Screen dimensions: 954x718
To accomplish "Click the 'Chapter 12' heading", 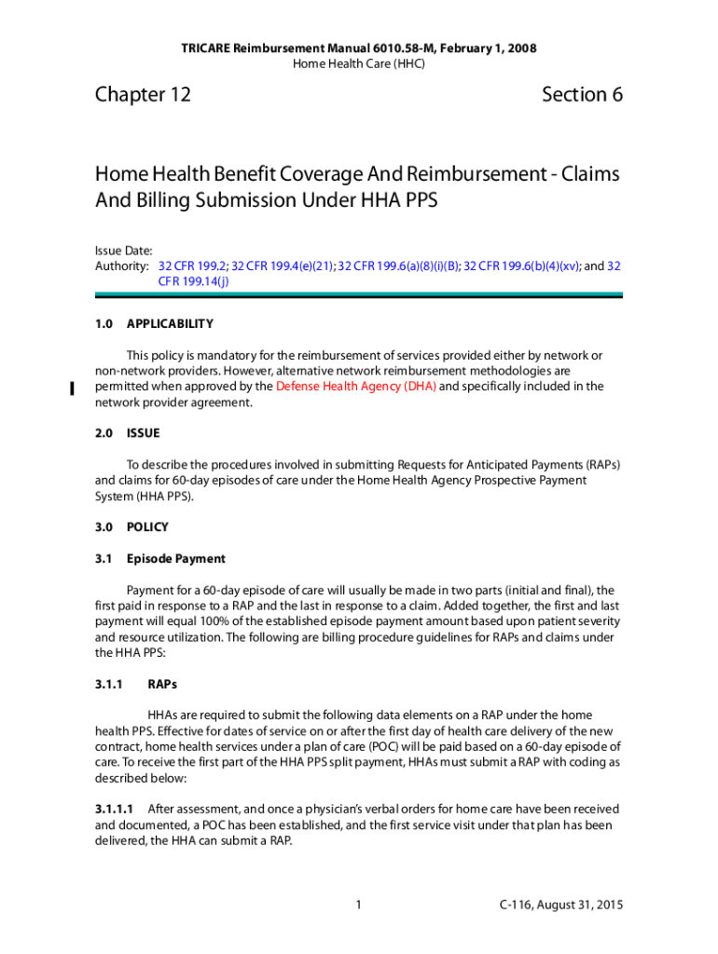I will [x=143, y=95].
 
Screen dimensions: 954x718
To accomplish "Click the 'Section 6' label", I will [x=582, y=95].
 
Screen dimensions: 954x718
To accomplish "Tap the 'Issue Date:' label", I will [x=124, y=251].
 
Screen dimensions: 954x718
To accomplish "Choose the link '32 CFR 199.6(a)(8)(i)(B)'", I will [x=399, y=266].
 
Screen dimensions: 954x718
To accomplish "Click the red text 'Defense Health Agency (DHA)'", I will [x=355, y=387].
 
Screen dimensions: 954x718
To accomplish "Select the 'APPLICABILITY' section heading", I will [x=170, y=324].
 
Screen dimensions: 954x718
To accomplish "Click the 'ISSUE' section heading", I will [x=144, y=433].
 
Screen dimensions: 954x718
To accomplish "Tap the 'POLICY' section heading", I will [x=147, y=527].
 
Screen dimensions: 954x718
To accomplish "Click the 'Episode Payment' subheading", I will [x=175, y=559].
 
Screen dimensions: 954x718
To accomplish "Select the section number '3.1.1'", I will [x=110, y=684].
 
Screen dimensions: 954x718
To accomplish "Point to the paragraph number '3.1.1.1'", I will [x=115, y=810].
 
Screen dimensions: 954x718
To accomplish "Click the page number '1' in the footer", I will [x=358, y=906].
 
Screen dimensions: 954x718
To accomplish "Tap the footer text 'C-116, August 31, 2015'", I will [x=559, y=906].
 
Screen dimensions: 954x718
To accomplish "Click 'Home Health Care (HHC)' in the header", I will [x=359, y=63].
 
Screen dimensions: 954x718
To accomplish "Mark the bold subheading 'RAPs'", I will [x=162, y=684].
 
